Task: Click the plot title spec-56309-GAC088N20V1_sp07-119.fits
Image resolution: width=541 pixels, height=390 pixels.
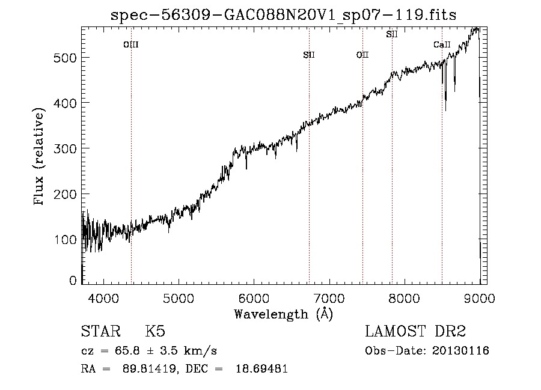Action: click(x=283, y=15)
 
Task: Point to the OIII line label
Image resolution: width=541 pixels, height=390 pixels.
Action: click(x=131, y=44)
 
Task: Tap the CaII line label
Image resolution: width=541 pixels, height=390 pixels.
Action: click(x=442, y=44)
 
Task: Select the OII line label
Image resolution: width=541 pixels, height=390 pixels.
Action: click(x=362, y=55)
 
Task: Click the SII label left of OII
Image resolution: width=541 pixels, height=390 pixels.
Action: click(x=309, y=55)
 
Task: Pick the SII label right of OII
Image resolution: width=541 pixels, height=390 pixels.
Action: click(x=392, y=34)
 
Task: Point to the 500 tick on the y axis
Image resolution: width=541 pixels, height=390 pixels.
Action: click(x=65, y=58)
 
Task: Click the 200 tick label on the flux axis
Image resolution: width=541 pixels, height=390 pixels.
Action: click(x=65, y=194)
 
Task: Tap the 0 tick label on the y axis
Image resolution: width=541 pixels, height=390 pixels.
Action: click(x=73, y=281)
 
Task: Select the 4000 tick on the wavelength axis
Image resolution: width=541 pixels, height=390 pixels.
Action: click(x=103, y=298)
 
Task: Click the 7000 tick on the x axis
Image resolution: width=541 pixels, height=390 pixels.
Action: click(x=329, y=298)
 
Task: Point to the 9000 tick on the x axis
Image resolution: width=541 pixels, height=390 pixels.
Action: click(x=480, y=298)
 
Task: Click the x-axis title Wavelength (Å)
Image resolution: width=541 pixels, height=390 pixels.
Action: click(x=284, y=314)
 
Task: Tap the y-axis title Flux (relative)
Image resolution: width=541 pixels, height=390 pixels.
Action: click(x=39, y=156)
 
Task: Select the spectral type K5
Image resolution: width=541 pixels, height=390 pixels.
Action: click(x=155, y=331)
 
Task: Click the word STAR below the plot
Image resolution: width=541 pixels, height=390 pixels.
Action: click(x=101, y=331)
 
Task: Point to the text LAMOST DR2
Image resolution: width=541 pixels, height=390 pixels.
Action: click(x=415, y=331)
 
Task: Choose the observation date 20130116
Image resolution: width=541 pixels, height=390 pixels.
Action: click(x=460, y=351)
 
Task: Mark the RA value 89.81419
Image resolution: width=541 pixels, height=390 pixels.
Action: click(x=150, y=368)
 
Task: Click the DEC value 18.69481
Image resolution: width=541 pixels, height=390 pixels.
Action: click(x=261, y=368)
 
